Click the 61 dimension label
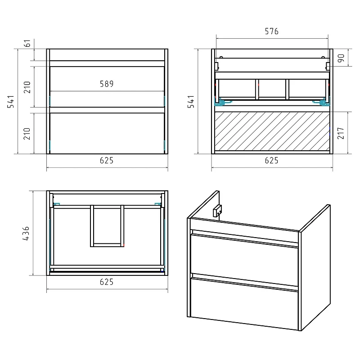coord(27,43)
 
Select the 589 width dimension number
coord(107,84)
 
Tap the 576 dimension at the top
coord(272,31)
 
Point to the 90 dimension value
coord(341,58)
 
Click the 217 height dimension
coord(341,133)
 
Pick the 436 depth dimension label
coord(26,233)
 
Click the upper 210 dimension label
coord(27,87)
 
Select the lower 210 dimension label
coord(27,134)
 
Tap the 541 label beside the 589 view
coord(11,102)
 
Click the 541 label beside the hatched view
coord(191,102)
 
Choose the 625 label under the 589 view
coord(107,161)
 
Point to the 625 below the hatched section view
coord(272,161)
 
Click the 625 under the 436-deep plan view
coord(107,282)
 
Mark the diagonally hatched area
coord(272,131)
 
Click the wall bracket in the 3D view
coord(217,211)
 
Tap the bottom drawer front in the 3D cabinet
coord(244,303)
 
